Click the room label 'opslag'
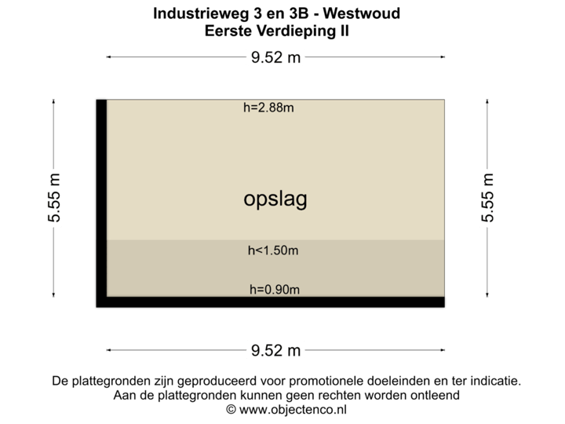click(275, 199)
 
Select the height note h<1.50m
click(273, 250)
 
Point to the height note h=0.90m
click(275, 290)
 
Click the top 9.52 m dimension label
click(275, 57)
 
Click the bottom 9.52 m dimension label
click(275, 349)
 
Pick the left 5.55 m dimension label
click(54, 197)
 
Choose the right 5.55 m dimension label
click(488, 197)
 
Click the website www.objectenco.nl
click(293, 410)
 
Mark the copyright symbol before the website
click(230, 410)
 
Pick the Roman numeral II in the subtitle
click(344, 31)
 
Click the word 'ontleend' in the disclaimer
click(436, 396)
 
